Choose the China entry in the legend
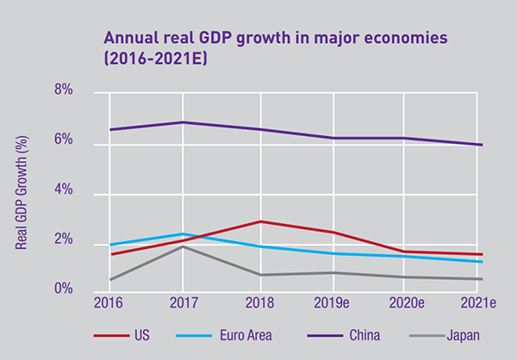pos(357,337)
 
